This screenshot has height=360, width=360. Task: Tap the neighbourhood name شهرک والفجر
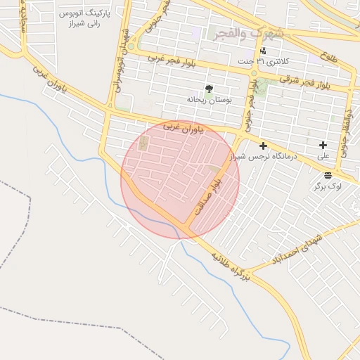[x=250, y=32]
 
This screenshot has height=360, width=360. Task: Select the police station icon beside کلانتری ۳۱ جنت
[x=263, y=51]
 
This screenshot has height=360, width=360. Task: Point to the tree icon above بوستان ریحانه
[x=209, y=89]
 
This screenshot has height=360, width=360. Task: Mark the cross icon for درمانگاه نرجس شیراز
[x=264, y=146]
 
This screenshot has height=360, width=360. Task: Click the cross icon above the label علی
[x=323, y=145]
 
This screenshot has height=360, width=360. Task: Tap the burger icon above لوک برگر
[x=328, y=175]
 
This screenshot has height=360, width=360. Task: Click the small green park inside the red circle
[x=144, y=145]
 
